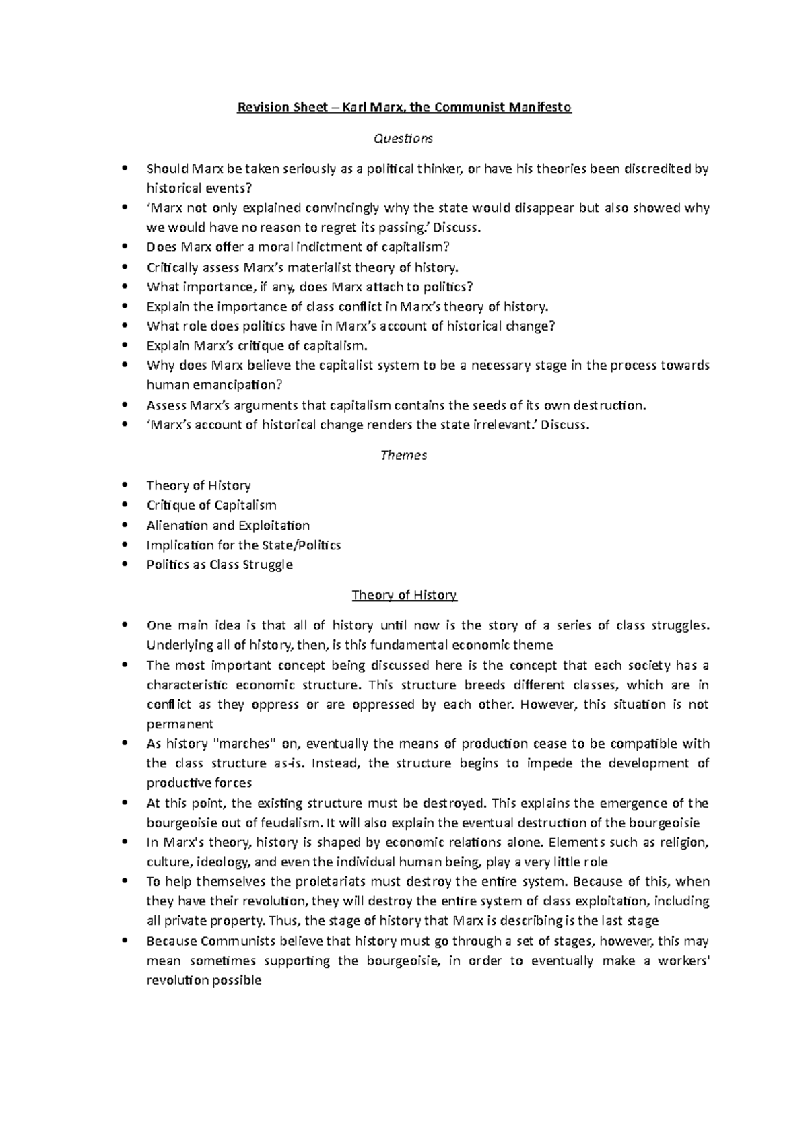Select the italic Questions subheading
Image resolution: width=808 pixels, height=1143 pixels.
click(403, 139)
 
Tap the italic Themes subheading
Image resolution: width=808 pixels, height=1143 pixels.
click(403, 455)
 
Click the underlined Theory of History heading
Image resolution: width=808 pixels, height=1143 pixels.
click(404, 595)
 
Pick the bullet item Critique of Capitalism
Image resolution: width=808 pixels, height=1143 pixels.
click(211, 505)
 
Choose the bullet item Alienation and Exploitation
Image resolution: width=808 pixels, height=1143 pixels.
click(228, 525)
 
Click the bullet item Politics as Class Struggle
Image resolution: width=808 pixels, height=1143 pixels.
click(220, 565)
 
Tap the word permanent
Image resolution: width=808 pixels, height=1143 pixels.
click(180, 724)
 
